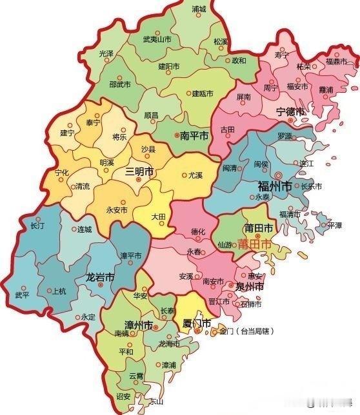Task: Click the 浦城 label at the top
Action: coord(199,10)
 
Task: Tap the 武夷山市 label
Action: coord(157,39)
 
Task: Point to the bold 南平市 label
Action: coord(194,136)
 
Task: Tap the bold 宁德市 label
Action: coord(290,111)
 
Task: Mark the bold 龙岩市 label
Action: coord(101,277)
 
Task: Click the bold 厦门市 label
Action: coord(197,323)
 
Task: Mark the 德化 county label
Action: coord(198,231)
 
